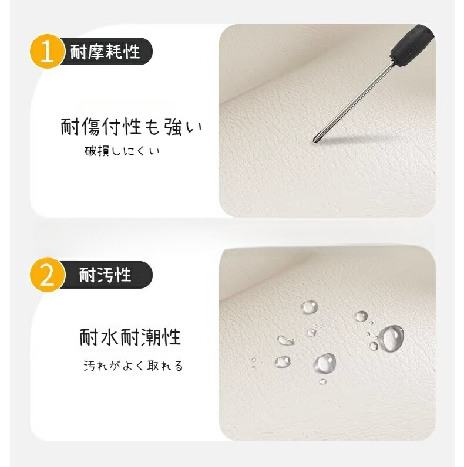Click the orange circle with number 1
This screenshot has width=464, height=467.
pyautogui.click(x=47, y=52)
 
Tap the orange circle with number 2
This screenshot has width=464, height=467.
pyautogui.click(x=47, y=275)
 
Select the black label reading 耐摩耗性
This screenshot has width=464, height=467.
pyautogui.click(x=105, y=52)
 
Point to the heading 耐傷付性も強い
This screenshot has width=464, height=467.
pyautogui.click(x=131, y=127)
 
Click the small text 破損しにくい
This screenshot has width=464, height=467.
pyautogui.click(x=122, y=151)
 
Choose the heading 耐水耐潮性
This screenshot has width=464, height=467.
pyautogui.click(x=130, y=337)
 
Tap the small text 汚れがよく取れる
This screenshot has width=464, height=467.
pyautogui.click(x=133, y=366)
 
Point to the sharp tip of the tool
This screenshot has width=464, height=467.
pyautogui.click(x=314, y=141)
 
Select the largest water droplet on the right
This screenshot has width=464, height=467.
pyautogui.click(x=392, y=339)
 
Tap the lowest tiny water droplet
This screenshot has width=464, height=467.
pyautogui.click(x=323, y=381)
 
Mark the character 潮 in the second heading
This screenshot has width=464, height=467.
pyautogui.click(x=151, y=337)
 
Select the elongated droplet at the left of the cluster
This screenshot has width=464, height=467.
pyautogui.click(x=286, y=340)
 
